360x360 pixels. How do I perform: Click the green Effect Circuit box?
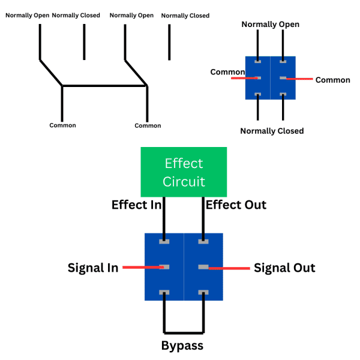click(184, 172)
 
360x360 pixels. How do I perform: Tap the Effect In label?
click(136, 205)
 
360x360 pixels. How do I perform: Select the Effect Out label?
click(236, 205)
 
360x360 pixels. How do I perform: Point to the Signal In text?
click(93, 268)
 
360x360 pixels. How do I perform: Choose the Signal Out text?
click(284, 268)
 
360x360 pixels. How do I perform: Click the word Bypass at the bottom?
click(182, 346)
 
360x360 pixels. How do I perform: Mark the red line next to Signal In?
click(142, 268)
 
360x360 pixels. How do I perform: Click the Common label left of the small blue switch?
click(227, 72)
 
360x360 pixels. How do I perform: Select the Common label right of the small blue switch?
click(332, 80)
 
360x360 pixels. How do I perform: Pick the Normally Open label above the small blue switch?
click(270, 24)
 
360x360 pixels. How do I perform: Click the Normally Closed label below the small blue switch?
click(272, 131)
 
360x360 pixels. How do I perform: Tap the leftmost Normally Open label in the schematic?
click(27, 15)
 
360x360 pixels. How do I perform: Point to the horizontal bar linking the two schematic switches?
click(104, 86)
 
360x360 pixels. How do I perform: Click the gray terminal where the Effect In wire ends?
click(164, 241)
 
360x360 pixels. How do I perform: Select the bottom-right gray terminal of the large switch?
click(203, 293)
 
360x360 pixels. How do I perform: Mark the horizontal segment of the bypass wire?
click(184, 332)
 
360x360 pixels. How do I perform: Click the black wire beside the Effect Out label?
click(203, 216)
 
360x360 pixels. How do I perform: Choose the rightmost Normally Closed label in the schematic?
click(185, 16)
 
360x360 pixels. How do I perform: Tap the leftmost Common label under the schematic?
click(62, 125)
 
